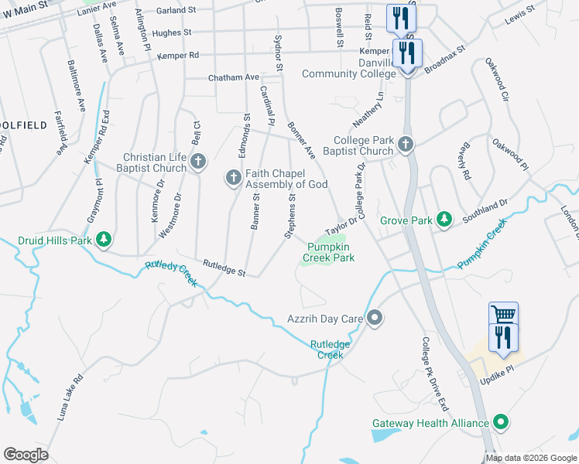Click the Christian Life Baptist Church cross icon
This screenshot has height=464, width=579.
point(198,162)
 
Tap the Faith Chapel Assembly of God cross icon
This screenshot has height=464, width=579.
point(232,178)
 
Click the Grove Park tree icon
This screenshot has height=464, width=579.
point(444,220)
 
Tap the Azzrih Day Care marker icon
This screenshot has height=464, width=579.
point(375,318)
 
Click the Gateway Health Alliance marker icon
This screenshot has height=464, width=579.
point(501,423)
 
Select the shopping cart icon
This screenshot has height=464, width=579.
point(503,313)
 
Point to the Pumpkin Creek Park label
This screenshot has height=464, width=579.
point(331,252)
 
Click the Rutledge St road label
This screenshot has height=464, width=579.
point(224,268)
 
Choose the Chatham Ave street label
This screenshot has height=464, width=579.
point(233,77)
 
